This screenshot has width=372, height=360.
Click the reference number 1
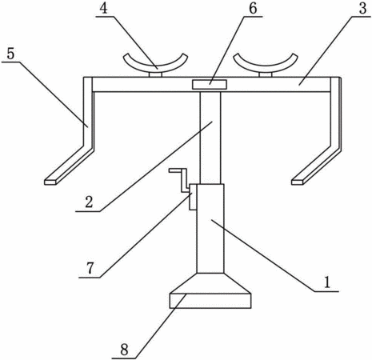(x=327, y=282)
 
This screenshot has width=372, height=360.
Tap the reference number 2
(x=89, y=202)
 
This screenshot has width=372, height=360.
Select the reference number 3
(x=362, y=8)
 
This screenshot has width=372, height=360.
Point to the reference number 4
(x=103, y=8)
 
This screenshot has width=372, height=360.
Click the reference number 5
(x=10, y=54)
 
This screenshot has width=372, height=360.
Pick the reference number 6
(x=253, y=8)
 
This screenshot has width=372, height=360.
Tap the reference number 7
(x=90, y=268)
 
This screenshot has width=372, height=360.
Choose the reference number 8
(x=124, y=350)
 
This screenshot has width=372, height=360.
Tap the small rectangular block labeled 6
(x=210, y=84)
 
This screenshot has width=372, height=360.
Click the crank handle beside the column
(x=180, y=179)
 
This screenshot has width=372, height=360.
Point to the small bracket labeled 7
(x=193, y=197)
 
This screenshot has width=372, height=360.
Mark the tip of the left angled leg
(x=50, y=182)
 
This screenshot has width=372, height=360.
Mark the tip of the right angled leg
(x=298, y=182)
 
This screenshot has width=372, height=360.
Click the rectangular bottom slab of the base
(x=210, y=301)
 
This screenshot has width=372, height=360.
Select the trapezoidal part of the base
(x=210, y=283)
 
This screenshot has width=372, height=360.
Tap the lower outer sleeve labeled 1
(x=210, y=229)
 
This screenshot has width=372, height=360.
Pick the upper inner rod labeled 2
(x=210, y=138)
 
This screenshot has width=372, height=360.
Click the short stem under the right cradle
(x=266, y=74)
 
